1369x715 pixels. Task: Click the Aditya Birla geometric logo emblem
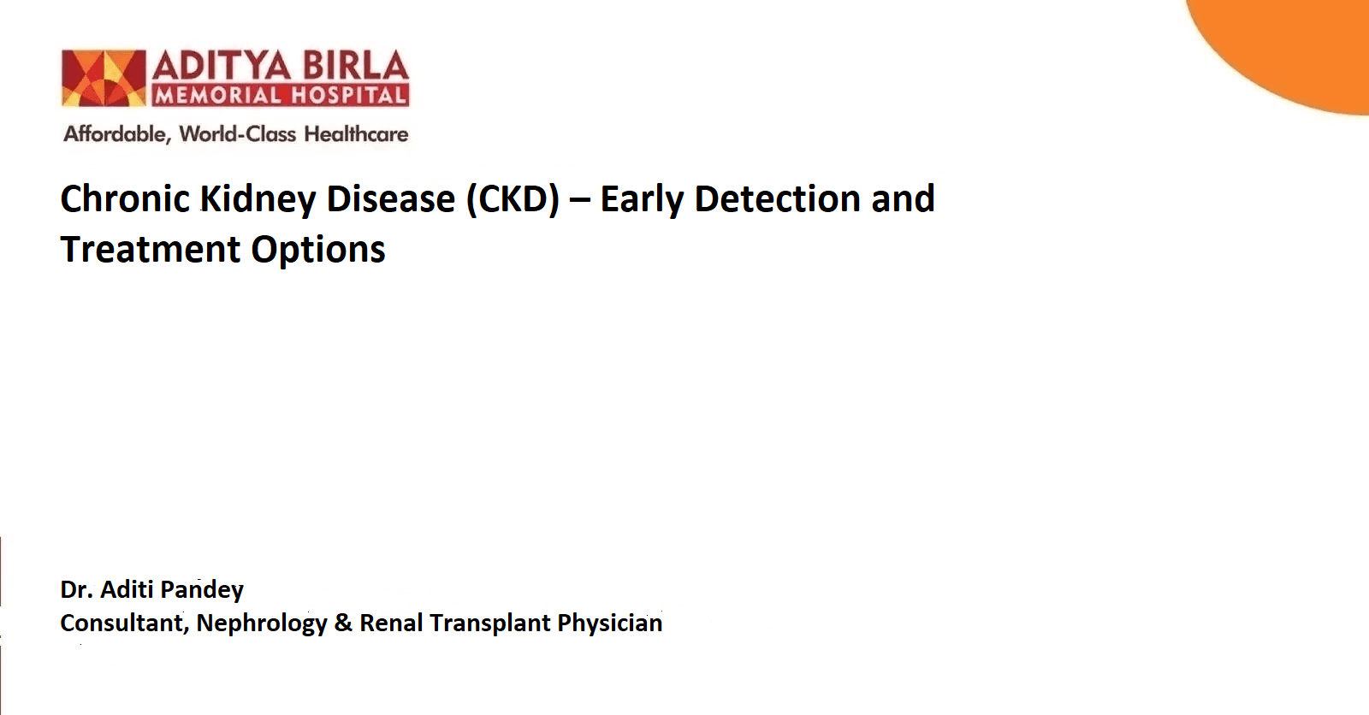tap(104, 78)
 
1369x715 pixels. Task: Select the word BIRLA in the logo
tap(356, 66)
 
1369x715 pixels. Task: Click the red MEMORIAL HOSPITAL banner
tap(281, 95)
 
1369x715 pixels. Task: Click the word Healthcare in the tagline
tap(356, 133)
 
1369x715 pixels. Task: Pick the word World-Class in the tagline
tap(238, 133)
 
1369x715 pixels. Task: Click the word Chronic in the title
tap(125, 198)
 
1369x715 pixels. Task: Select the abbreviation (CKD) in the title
tap(513, 200)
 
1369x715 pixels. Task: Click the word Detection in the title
tap(778, 198)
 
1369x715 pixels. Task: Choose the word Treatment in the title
tap(151, 250)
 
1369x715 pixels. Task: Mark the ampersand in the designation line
tap(343, 623)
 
